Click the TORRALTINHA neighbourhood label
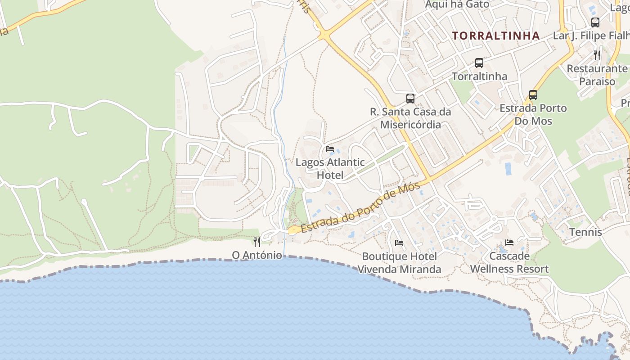point(495,36)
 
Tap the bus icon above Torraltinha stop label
point(479,63)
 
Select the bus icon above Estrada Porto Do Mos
point(533,95)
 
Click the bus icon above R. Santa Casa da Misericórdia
point(410,98)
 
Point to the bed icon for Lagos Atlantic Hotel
point(330,149)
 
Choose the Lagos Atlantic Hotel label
point(330,169)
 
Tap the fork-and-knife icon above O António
point(257,242)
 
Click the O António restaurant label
point(257,255)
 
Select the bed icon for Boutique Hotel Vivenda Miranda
point(399,243)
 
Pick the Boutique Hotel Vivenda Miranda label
point(399,263)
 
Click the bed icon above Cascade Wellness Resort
point(509,243)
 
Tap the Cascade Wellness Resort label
point(509,262)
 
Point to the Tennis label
point(585,232)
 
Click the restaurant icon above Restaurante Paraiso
point(597,55)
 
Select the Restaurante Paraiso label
point(597,75)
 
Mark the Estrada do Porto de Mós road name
point(360,207)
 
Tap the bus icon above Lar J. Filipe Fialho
point(595,22)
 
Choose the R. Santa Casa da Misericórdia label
point(410,118)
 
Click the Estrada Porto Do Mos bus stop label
point(533,114)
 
